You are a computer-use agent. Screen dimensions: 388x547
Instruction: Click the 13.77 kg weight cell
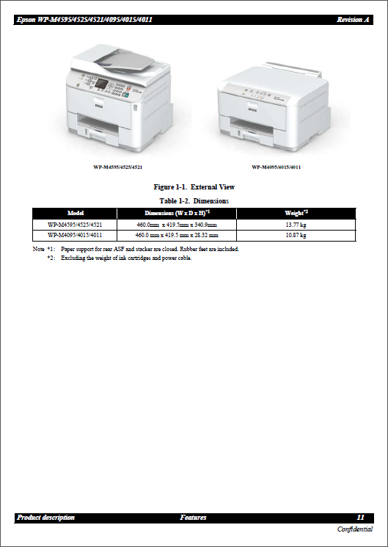click(x=295, y=225)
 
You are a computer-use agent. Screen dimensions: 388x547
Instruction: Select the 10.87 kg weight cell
click(x=295, y=236)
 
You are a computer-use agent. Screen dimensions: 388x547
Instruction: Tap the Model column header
click(x=75, y=213)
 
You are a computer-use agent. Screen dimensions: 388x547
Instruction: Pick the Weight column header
click(x=296, y=213)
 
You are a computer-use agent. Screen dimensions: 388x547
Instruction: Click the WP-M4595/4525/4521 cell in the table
click(x=75, y=225)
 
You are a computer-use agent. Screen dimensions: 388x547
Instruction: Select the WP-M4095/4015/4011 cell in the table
click(x=75, y=236)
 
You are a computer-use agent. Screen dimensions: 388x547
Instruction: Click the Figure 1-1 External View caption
click(x=194, y=187)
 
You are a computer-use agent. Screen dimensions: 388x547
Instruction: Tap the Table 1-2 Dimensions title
click(x=194, y=200)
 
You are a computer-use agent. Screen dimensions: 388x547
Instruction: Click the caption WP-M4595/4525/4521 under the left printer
click(x=117, y=167)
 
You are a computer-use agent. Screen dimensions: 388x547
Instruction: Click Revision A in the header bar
click(x=353, y=20)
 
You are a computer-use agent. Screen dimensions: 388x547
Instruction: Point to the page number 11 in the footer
click(x=360, y=518)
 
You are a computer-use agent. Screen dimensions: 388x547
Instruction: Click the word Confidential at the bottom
click(x=355, y=529)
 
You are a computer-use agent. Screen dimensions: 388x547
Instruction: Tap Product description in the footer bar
click(x=45, y=518)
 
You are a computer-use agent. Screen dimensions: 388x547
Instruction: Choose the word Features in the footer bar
click(x=193, y=518)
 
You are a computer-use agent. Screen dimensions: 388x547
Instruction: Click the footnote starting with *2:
click(x=121, y=258)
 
